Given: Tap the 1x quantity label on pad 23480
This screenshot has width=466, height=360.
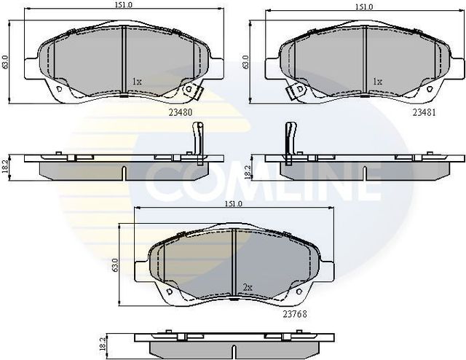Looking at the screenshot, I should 137,82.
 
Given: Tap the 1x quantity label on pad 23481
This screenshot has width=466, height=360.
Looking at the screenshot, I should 377,82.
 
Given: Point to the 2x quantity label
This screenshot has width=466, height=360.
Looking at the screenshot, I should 248,288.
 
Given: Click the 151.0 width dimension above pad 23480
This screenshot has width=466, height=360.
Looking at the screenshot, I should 122,6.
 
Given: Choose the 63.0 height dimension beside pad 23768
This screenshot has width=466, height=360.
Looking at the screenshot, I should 116,264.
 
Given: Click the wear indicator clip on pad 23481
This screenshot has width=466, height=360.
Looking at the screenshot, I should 296,91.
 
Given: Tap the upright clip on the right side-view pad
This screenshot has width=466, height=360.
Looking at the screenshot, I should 288,138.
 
